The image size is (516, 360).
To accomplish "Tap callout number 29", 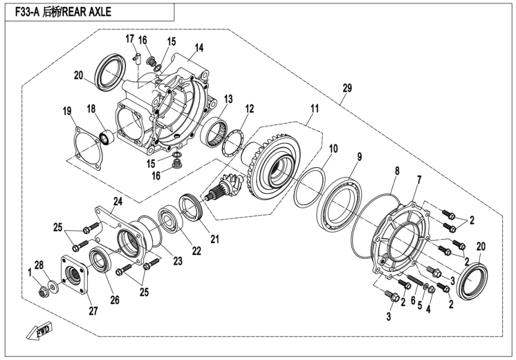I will pyautogui.click(x=347, y=88).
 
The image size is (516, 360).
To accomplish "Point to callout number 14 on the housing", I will pyautogui.click(x=199, y=47).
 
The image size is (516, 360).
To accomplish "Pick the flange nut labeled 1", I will pyautogui.click(x=42, y=292).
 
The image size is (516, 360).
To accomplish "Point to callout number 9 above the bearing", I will pyautogui.click(x=359, y=157).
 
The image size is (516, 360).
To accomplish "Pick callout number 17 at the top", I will pyautogui.click(x=130, y=39).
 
